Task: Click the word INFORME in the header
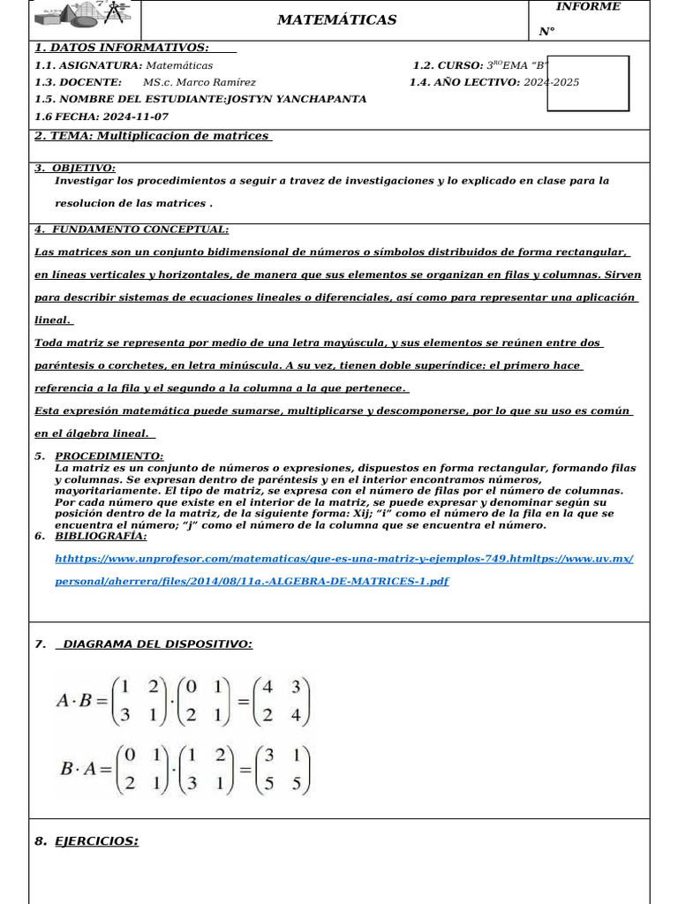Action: point(587,7)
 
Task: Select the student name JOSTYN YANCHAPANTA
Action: point(296,99)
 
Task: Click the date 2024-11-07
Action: point(135,117)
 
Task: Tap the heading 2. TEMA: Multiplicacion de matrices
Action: point(153,136)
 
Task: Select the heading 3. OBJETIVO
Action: point(76,168)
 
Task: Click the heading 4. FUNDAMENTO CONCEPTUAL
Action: point(132,230)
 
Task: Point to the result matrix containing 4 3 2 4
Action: point(282,702)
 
